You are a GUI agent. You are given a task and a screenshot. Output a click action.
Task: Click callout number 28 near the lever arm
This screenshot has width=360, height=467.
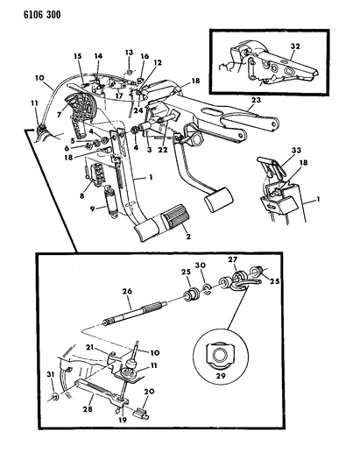pyautogui.click(x=88, y=408)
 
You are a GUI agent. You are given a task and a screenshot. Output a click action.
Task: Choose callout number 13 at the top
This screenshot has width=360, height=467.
pyautogui.click(x=127, y=53)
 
